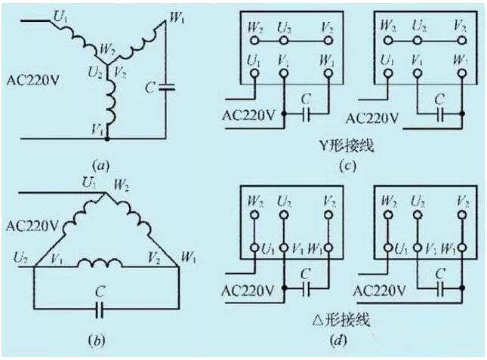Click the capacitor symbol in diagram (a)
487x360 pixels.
pyautogui.click(x=167, y=88)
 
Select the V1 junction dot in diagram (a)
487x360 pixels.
pyautogui.click(x=106, y=139)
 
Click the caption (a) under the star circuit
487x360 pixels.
pyautogui.click(x=98, y=162)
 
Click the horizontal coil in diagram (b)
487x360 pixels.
pyautogui.click(x=105, y=264)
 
